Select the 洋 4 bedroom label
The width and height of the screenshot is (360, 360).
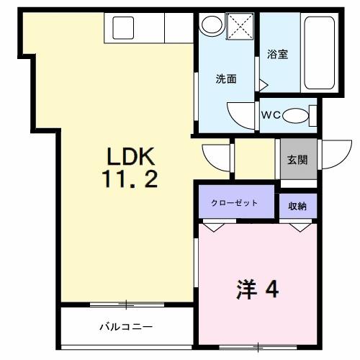coord(255,289)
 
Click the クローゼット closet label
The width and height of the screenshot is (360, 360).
coord(235,203)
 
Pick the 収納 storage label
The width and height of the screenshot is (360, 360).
coord(297,206)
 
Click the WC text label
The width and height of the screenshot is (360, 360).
coord(270,114)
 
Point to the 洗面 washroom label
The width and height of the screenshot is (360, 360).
coord(226,79)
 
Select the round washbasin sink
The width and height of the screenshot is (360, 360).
coord(211,26)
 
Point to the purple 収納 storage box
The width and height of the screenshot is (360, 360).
coord(297,205)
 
